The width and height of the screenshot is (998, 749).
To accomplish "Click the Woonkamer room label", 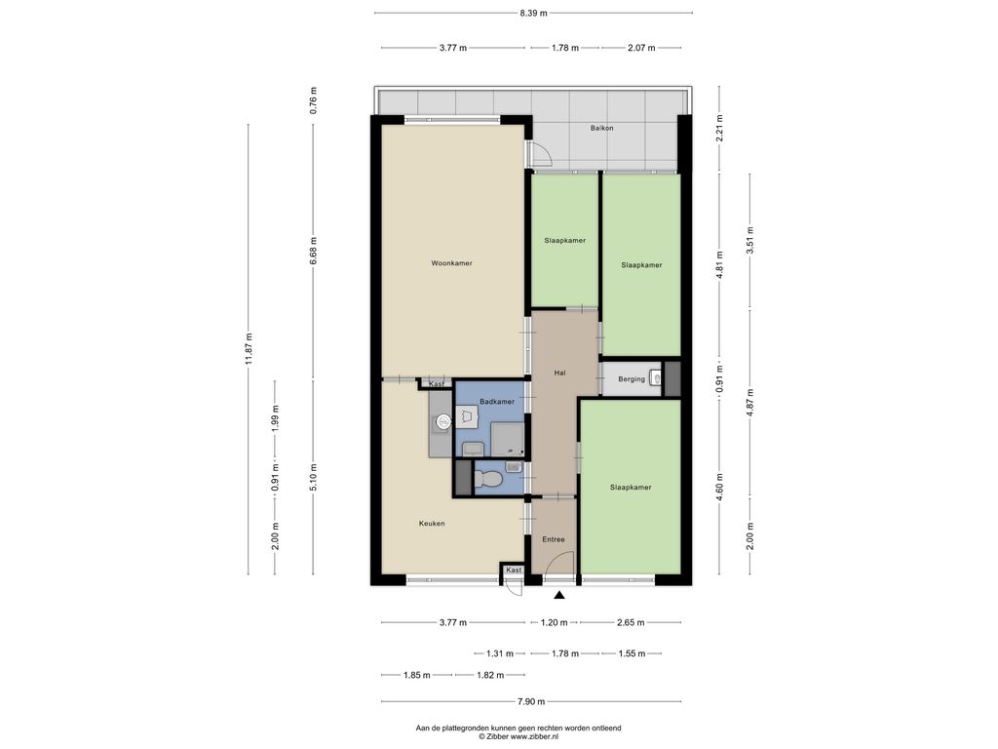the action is click(451, 263).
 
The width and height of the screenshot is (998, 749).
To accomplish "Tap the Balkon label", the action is click(601, 128).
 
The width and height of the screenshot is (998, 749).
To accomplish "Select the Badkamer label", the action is click(496, 402).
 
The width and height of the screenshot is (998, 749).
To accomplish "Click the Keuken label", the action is click(432, 524).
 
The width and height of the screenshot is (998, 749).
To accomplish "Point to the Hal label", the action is click(560, 374).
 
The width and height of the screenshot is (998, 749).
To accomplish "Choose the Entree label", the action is click(554, 539).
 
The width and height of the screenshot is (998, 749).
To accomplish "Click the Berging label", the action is click(632, 379).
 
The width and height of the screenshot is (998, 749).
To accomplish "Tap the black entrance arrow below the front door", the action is click(559, 596).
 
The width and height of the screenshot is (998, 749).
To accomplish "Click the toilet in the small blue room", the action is click(486, 478).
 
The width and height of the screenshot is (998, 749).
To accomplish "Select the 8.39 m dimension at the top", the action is click(533, 13).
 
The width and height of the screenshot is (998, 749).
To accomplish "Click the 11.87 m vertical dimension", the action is click(249, 348).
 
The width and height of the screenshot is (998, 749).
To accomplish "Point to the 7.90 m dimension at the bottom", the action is click(531, 702).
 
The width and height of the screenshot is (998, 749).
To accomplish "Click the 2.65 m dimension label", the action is click(631, 622).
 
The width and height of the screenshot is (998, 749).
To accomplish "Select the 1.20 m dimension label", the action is click(554, 622).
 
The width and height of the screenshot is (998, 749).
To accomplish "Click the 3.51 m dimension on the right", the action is click(750, 241).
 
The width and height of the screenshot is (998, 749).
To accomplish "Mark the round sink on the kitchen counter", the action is click(443, 420).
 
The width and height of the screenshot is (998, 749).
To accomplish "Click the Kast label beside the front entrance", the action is click(515, 570).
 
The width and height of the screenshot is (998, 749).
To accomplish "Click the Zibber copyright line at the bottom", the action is click(518, 736).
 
